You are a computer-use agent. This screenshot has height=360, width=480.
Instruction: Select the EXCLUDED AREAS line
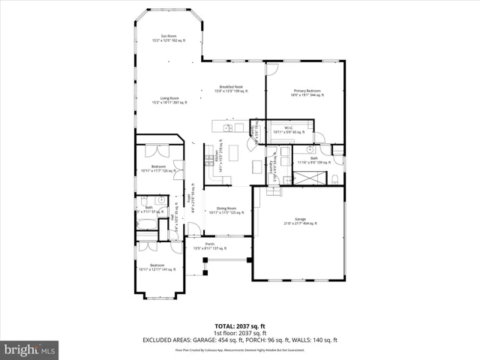click(x=240, y=340)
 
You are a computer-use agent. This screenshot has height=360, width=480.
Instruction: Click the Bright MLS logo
click(x=30, y=349)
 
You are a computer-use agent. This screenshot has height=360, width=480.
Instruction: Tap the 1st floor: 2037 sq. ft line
click(x=240, y=334)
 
